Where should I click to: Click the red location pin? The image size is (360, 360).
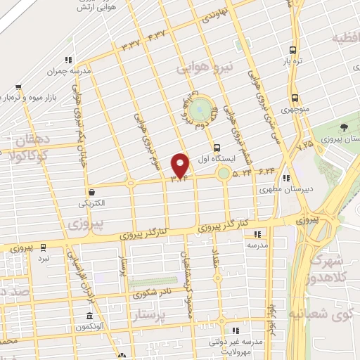pos(181,165)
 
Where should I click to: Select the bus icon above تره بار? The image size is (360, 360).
pos(293,51)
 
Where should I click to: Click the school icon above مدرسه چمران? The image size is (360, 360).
pos(67,60)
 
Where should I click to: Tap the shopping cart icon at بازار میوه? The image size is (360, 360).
pos(19,89)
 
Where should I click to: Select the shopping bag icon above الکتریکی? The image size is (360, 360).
pos(91,192)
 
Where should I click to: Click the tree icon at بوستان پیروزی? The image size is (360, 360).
pos(343,127)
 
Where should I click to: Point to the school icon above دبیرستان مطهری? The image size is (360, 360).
pos(285,179)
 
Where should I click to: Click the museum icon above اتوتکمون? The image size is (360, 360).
pos(89,316)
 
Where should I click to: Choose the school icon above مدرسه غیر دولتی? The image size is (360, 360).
pos(237,330)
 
